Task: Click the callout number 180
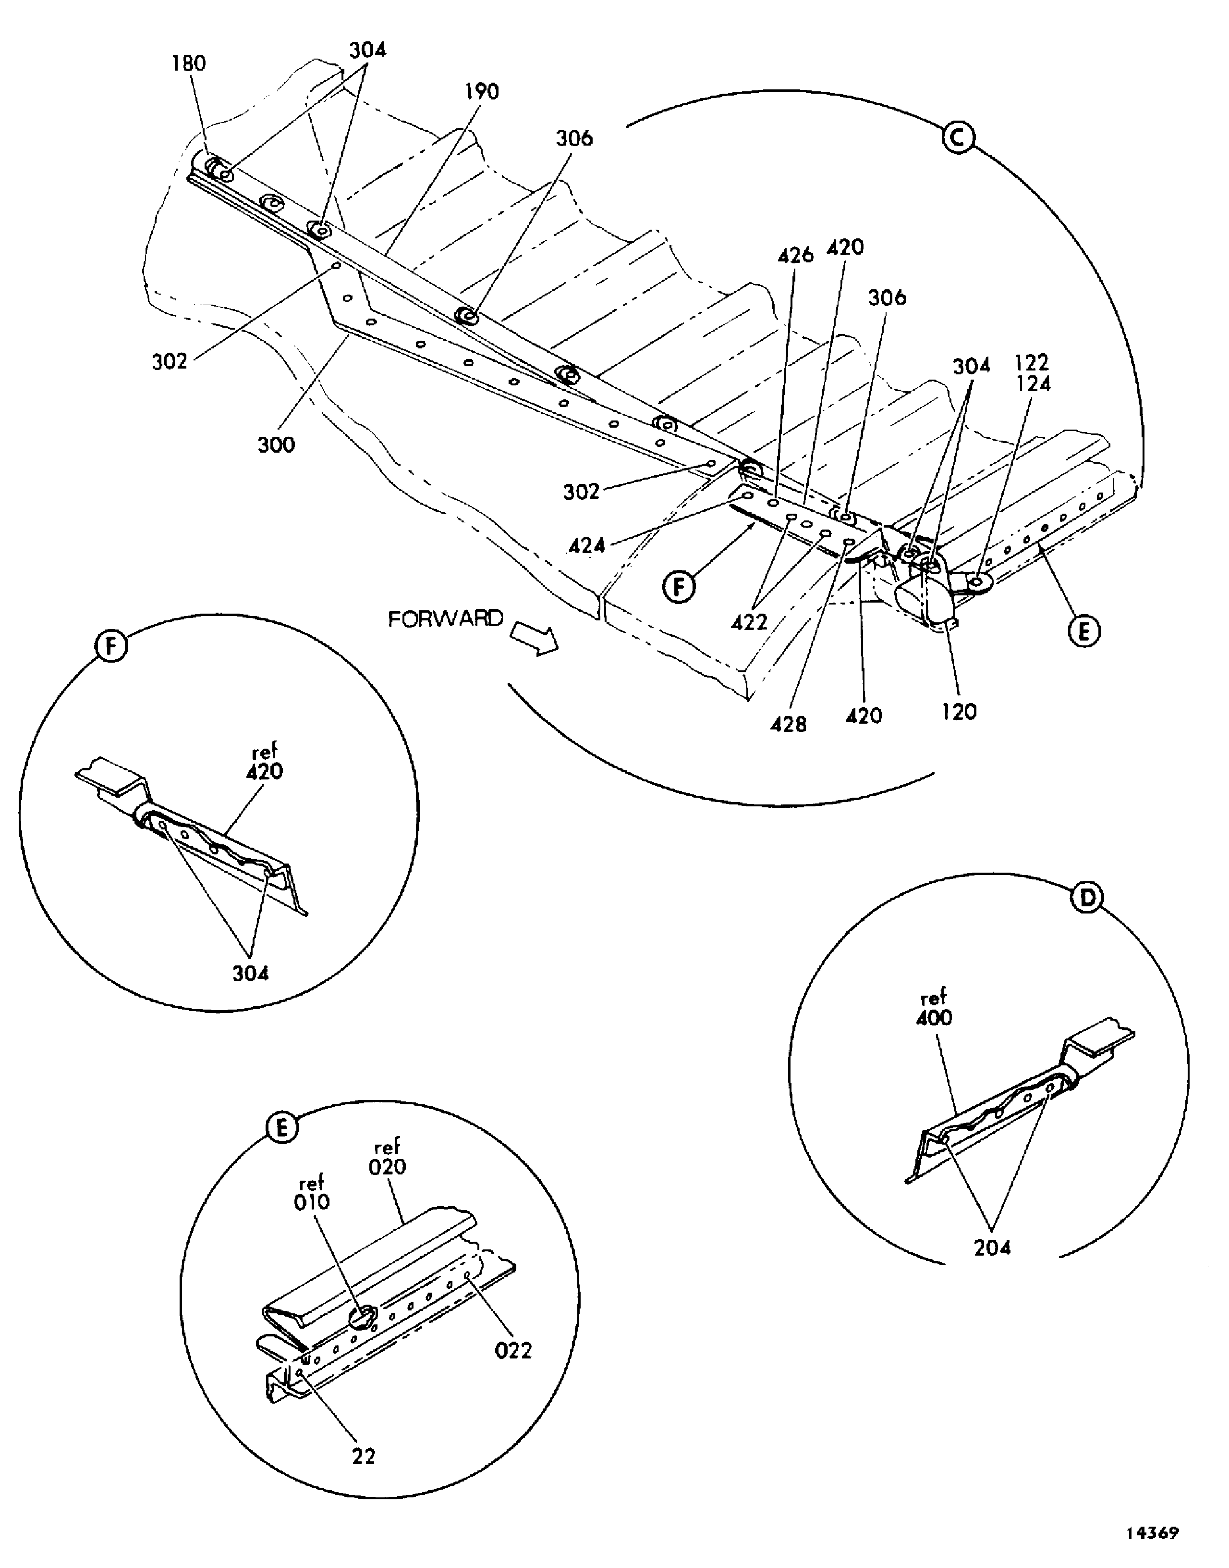pyautogui.click(x=189, y=63)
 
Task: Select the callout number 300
pyautogui.click(x=276, y=445)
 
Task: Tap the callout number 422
pyautogui.click(x=749, y=622)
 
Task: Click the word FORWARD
pyautogui.click(x=445, y=618)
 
